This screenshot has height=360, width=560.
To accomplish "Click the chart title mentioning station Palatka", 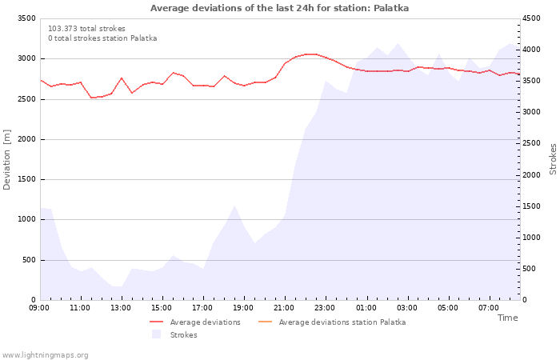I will coord(279,8).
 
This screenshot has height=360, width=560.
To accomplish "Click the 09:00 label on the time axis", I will coord(39,307).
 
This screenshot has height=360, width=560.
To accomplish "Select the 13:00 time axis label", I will coord(121,307).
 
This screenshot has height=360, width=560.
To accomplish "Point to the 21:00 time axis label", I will coord(284,307).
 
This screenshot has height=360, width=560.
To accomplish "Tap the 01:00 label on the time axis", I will coord(366,307).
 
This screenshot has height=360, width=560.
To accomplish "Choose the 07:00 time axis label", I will coord(488,307).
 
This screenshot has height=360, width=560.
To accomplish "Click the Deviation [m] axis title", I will coord(7,159).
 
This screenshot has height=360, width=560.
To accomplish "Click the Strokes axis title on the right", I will coord(553,159).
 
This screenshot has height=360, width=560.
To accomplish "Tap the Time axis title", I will coord(507,318).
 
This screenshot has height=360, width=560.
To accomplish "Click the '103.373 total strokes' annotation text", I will coord(86,29).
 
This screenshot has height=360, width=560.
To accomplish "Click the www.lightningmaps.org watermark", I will coord(46,354).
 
